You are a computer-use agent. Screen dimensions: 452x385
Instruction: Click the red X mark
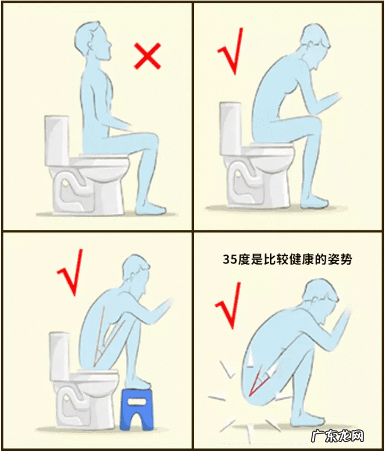tap(148, 57)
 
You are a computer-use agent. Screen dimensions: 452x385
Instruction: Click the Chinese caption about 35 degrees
tap(287, 259)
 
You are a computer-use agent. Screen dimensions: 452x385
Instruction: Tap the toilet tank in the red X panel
tap(57, 140)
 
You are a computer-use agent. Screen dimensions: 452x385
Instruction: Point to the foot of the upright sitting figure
tap(151, 209)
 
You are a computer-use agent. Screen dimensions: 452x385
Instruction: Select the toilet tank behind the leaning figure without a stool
tap(230, 128)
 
